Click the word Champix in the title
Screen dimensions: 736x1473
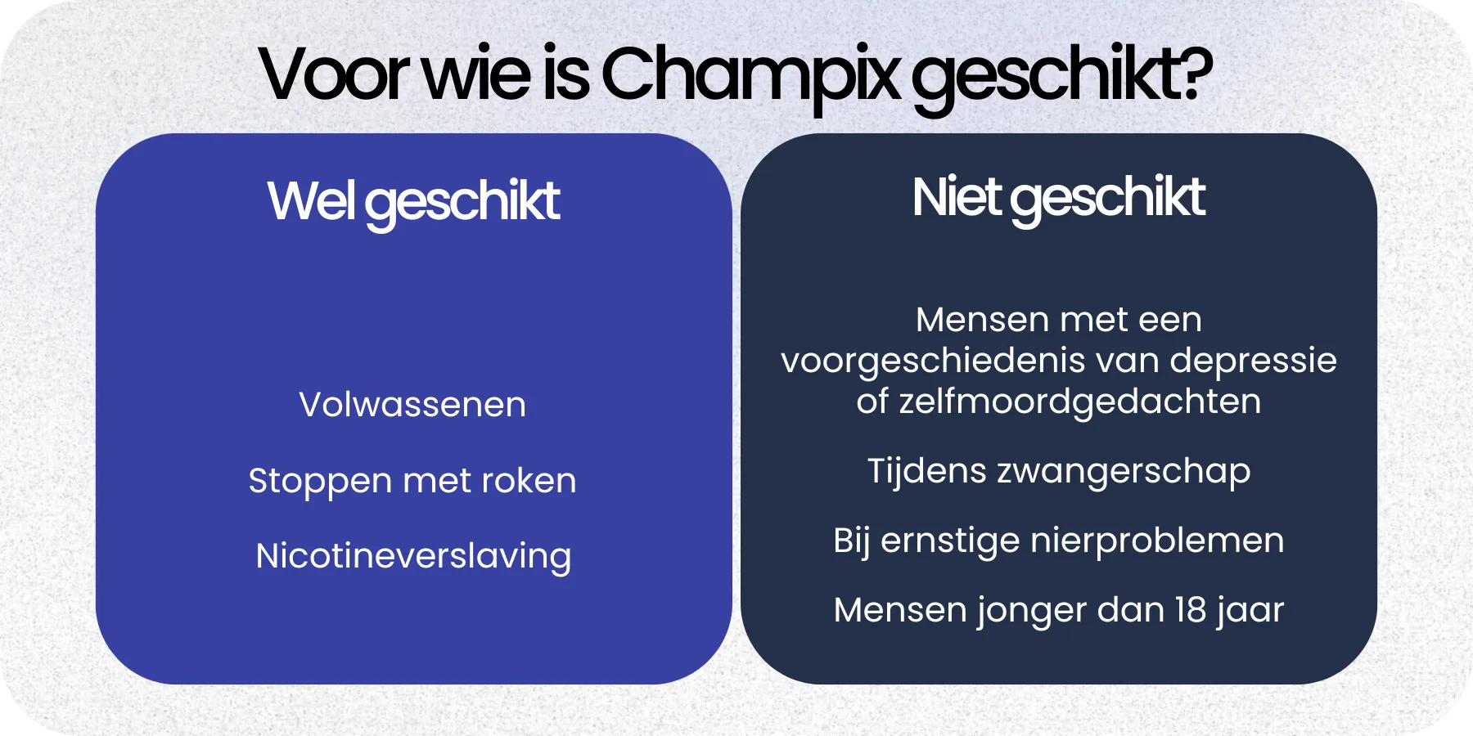pos(750,75)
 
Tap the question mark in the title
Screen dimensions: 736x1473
pos(1196,74)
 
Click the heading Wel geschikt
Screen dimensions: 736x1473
pos(413,202)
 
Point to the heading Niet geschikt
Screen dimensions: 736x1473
pos(1058,199)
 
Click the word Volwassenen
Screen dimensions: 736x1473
pos(412,405)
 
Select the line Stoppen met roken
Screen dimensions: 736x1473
pos(412,481)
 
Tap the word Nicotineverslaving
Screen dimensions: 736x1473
pos(413,557)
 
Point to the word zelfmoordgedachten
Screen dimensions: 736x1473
pos(1080,402)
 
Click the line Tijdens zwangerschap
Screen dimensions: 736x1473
pos(1058,472)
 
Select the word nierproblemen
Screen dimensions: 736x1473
pos(1157,541)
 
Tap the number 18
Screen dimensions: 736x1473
pos(1189,610)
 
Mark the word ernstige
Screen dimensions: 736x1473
pos(950,541)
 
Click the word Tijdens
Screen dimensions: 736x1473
pos(926,472)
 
